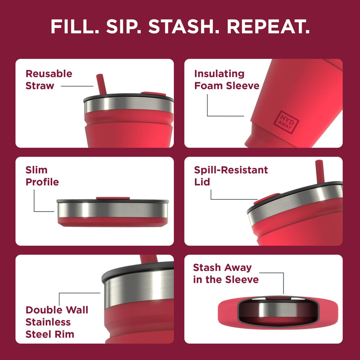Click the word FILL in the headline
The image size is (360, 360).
(75, 27)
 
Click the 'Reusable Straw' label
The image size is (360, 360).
(49, 80)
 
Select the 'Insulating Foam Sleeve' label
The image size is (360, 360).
(226, 80)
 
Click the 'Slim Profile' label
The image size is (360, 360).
(42, 176)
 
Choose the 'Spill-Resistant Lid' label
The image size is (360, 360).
(231, 176)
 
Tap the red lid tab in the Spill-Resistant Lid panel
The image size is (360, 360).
(261, 198)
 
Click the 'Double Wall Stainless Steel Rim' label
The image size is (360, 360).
(56, 322)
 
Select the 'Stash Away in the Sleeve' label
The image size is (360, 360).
(225, 274)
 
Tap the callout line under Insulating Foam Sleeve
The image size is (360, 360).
(208, 106)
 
